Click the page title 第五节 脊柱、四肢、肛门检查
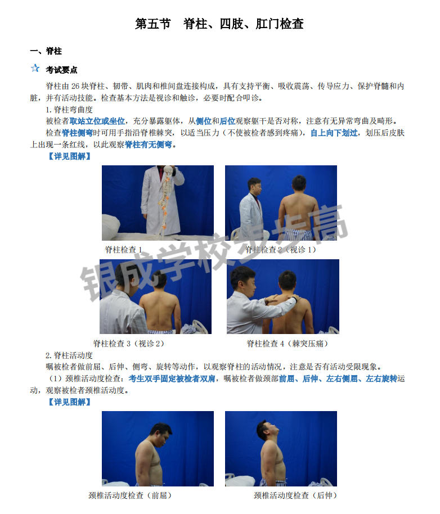point(219,24)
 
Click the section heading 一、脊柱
point(46,51)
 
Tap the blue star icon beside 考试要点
point(35,69)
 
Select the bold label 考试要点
point(62,70)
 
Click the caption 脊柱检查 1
point(123,249)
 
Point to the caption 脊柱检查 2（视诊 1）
point(281,249)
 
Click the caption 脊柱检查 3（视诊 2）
point(129,343)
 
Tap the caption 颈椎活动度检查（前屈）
point(130,495)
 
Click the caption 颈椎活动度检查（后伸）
point(295,495)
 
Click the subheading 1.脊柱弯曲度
point(69,110)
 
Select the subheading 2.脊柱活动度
point(69,355)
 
